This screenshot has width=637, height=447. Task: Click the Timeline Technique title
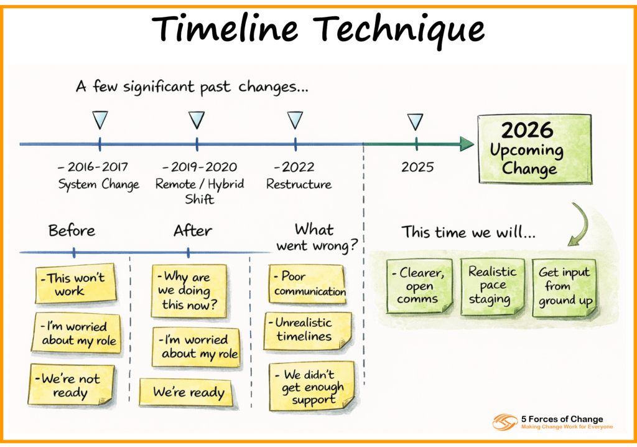pos(318,29)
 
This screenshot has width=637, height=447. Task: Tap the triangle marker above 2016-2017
pos(100,120)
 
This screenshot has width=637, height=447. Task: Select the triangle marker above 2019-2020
pos(197,120)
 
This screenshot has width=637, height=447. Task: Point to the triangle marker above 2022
pos(295,120)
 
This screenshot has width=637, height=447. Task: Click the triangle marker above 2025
pos(415,121)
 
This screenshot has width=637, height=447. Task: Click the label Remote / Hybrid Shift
pos(200,191)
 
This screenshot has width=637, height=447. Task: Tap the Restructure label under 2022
pos(299,184)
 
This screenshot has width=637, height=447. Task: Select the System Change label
pos(99,184)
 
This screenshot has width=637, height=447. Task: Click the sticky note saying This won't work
pos(75,285)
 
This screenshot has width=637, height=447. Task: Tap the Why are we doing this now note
pos(189,291)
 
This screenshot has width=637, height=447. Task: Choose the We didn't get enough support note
pos(313,387)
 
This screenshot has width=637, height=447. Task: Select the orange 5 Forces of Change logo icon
pos(505,422)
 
